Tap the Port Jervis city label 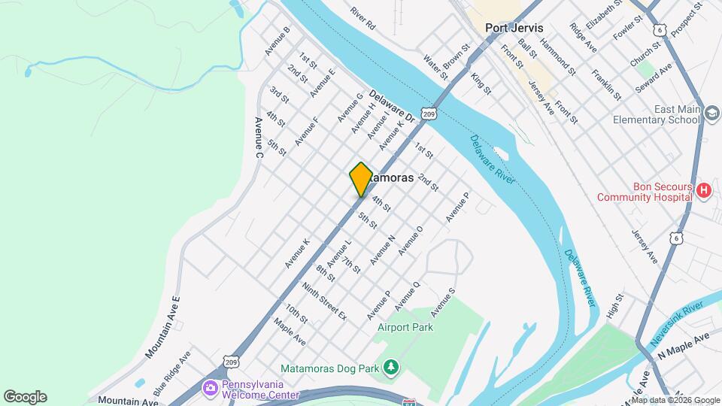[x=514, y=27]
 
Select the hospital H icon [x=704, y=191]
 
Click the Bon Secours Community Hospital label [x=644, y=191]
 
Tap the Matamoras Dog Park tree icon [x=390, y=367]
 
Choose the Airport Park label [x=405, y=328]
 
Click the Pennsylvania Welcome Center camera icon [x=211, y=388]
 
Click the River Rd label [x=363, y=19]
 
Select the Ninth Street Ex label [x=324, y=301]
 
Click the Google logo [x=25, y=397]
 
